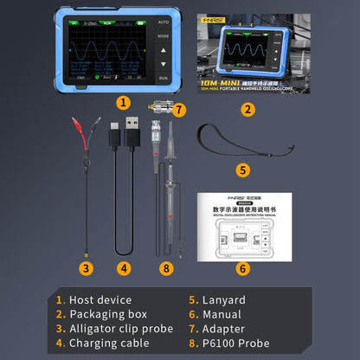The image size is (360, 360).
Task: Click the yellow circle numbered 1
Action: pos(124,102)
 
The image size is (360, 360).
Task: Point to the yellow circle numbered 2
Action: pos(247,109)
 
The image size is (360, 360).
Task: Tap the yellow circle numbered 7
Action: pos(179,110)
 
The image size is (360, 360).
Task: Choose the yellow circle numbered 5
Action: pos(243,170)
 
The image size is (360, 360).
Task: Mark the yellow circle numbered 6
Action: pos(243,268)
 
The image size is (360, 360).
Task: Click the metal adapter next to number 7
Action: pos(160,111)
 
